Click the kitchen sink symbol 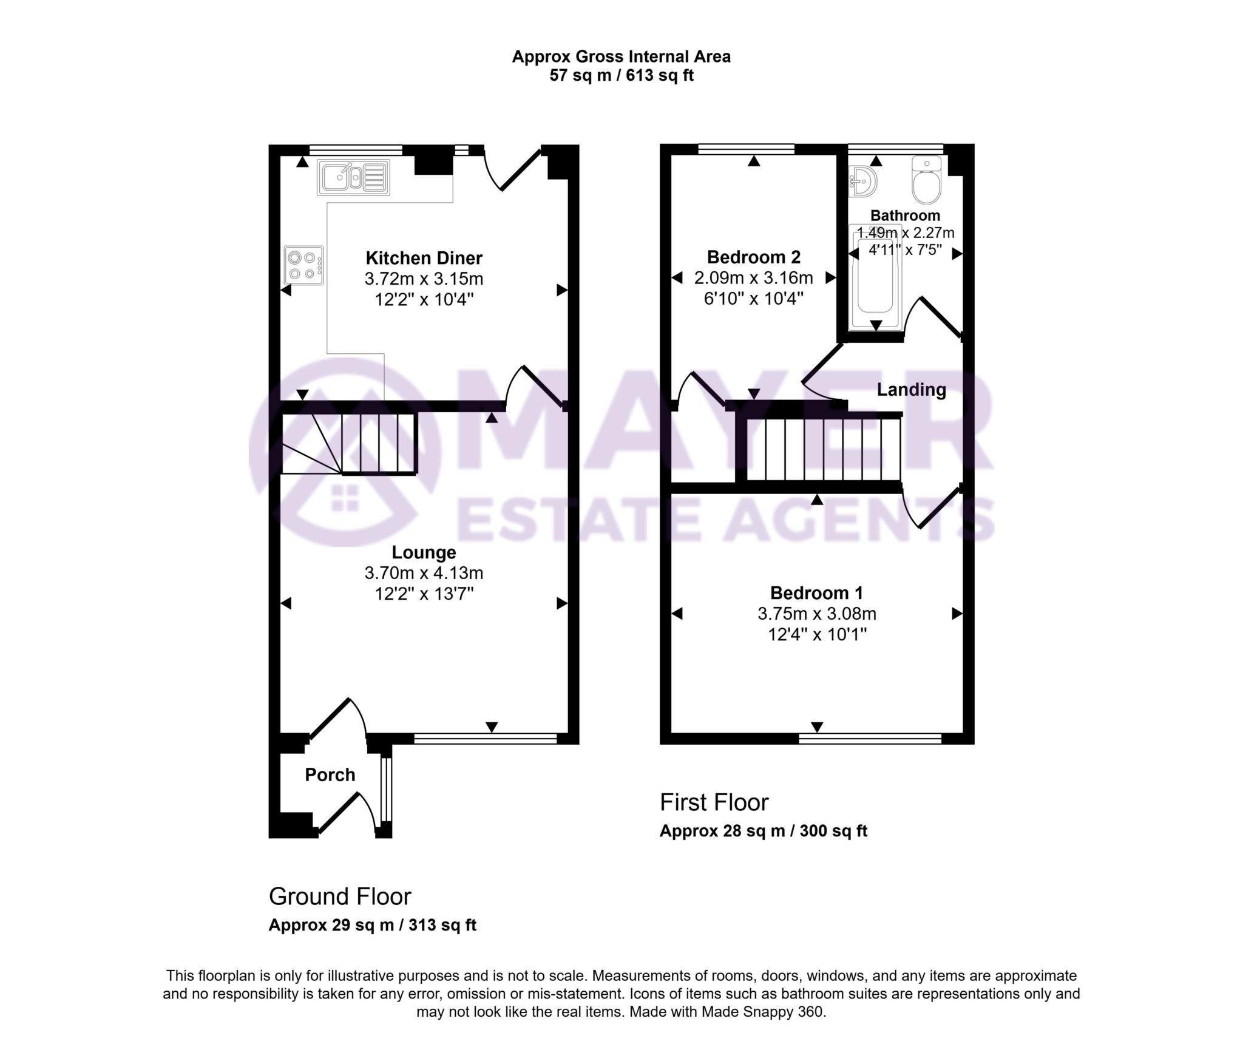point(353,177)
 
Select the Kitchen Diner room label point(424,258)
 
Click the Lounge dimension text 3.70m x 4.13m point(424,572)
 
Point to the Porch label point(330,775)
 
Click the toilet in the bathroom point(927,180)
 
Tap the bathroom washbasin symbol point(863,182)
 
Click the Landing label point(911,390)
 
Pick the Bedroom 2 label point(753,257)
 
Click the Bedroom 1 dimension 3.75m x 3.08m point(816,614)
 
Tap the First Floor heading point(714,802)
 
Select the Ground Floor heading point(340,897)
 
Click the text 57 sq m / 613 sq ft point(621,76)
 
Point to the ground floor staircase point(349,443)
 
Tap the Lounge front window point(485,738)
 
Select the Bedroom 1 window point(870,738)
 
